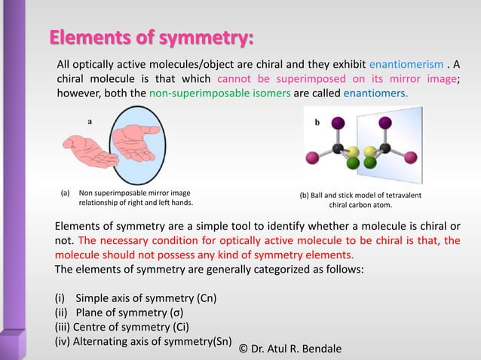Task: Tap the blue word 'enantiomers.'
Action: click(375, 95)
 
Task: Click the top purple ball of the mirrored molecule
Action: click(386, 121)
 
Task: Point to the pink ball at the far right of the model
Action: click(412, 157)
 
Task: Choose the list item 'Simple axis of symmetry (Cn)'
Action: click(136, 297)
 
